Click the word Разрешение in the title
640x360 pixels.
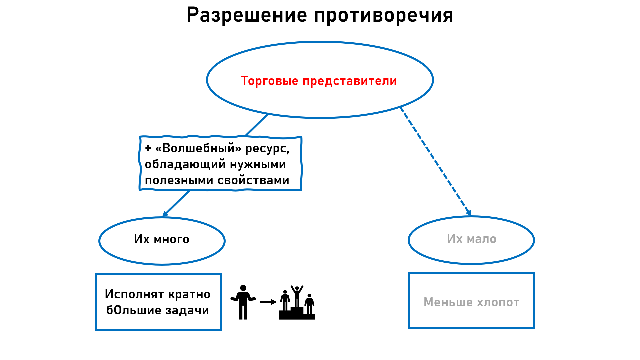tap(247, 15)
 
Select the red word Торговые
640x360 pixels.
tap(270, 81)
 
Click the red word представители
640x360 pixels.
tap(350, 81)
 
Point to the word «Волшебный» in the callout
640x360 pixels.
tap(198, 148)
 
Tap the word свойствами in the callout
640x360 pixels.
tap(253, 180)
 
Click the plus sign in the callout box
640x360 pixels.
tap(148, 148)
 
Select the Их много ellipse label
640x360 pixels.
tap(162, 239)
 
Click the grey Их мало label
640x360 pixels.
tap(472, 239)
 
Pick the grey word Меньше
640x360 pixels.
tap(448, 302)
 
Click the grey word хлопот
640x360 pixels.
tap(498, 302)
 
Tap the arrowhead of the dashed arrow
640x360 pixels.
tap(469, 212)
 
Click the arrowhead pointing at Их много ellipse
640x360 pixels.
tap(165, 214)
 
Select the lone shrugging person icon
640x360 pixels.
tap(243, 302)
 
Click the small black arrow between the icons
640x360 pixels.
tap(268, 302)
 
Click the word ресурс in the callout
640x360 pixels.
tap(267, 149)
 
